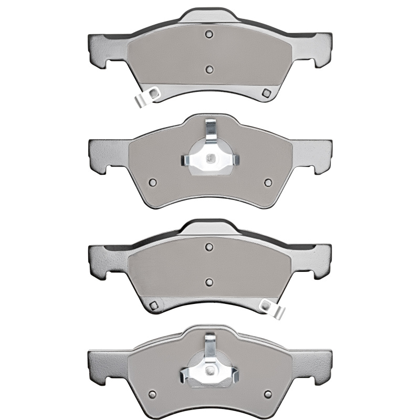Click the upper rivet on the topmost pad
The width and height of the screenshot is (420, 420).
click(209, 35)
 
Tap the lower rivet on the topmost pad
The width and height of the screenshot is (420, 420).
click(209, 68)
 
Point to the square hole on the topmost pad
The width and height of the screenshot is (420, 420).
click(266, 93)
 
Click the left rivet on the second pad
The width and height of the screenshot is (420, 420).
click(153, 183)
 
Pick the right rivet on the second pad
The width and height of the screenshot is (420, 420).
click(268, 183)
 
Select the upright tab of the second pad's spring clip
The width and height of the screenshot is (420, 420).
click(211, 131)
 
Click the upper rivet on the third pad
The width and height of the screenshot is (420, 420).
click(209, 246)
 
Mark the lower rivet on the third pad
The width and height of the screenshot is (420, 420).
click(209, 282)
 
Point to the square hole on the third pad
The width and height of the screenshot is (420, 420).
click(154, 306)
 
